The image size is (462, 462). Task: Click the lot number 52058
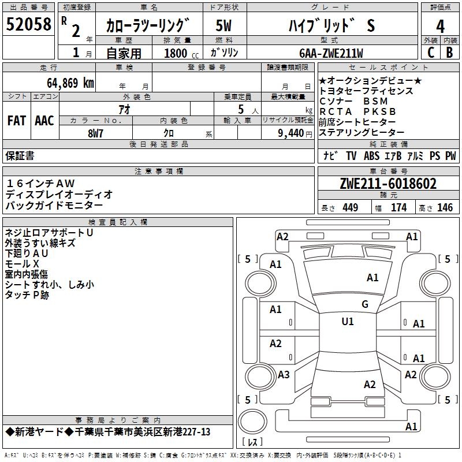28,25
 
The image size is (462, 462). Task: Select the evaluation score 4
440,27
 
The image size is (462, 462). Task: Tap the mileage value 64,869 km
66,83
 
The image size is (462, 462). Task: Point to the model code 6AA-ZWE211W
331,53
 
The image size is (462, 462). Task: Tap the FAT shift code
17,121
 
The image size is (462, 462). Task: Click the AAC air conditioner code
44,121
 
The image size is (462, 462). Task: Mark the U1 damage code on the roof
348,321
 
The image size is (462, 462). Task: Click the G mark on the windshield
365,304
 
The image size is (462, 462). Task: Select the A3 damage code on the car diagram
284,375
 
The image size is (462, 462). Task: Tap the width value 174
398,208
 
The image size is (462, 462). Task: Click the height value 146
445,208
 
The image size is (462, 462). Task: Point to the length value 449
350,208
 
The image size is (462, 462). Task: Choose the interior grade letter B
450,52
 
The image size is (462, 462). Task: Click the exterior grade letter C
430,52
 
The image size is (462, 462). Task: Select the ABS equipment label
371,156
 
